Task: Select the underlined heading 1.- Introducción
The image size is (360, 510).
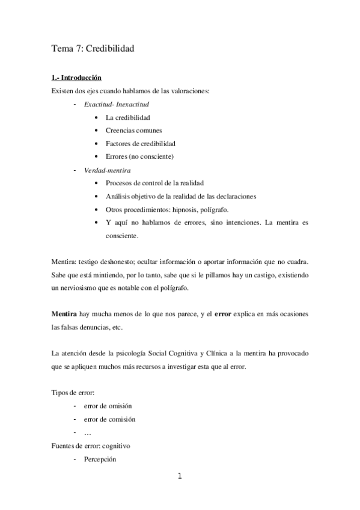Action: click(x=76, y=78)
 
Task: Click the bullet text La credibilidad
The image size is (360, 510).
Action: click(x=127, y=117)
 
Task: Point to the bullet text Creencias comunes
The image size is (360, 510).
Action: click(x=133, y=131)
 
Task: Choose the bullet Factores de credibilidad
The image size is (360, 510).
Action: click(x=141, y=144)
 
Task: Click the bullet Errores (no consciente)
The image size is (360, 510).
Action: click(x=139, y=157)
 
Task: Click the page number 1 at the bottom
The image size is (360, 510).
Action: click(x=179, y=478)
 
